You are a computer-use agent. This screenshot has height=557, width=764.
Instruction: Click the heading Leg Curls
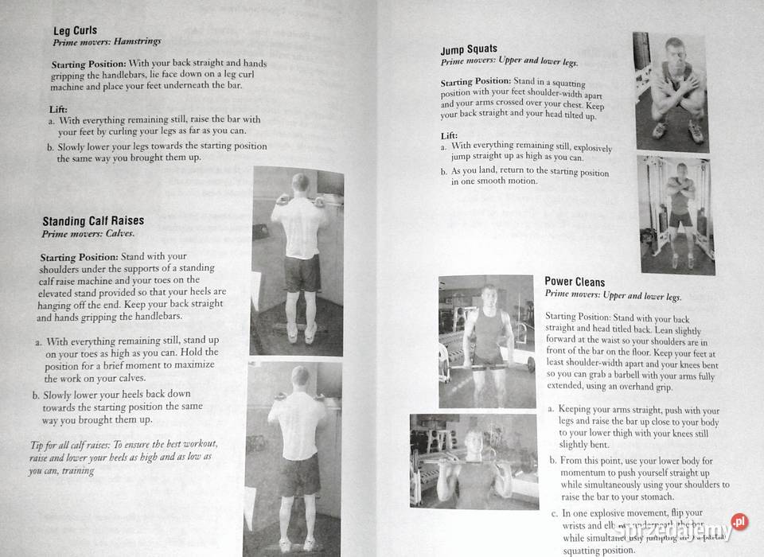point(75,30)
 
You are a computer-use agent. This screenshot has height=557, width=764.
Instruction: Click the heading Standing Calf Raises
point(93,220)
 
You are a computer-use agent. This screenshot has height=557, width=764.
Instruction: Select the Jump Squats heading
point(469,49)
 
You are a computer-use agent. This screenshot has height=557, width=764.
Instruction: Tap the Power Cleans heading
point(575,282)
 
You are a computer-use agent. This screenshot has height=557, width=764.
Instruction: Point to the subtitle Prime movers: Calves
point(88,234)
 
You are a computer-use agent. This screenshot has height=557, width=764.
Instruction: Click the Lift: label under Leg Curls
point(58,108)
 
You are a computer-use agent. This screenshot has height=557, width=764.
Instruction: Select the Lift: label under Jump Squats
point(449,136)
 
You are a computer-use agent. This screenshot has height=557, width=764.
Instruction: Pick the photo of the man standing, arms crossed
point(677,214)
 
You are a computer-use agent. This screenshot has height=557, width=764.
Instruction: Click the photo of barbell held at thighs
point(486,341)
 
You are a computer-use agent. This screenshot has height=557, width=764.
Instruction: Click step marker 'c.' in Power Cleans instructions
point(554,513)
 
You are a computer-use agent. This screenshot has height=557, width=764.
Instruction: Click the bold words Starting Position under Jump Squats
point(475,82)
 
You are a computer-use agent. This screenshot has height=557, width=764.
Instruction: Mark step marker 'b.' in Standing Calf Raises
point(36,394)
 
